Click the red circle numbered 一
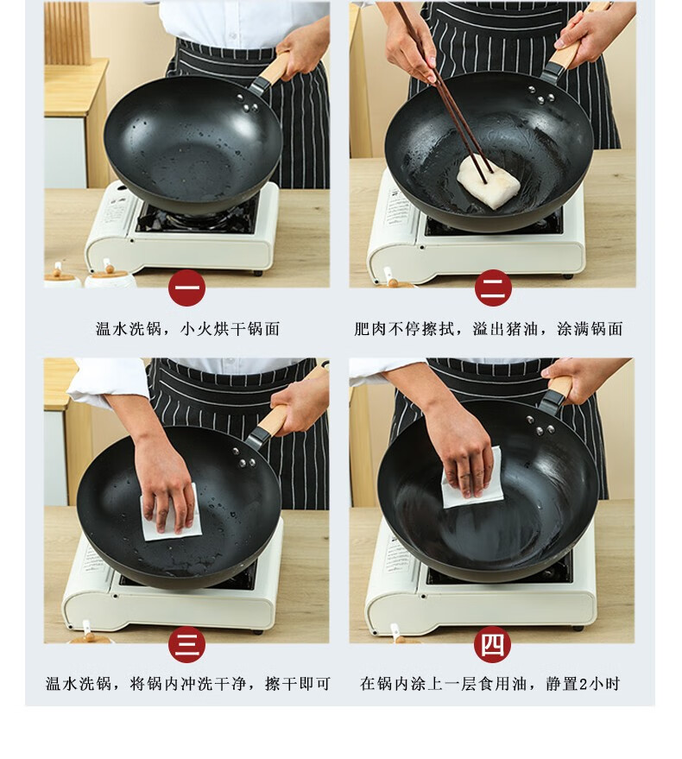point(186,288)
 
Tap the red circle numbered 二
point(493,288)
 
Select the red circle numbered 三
point(186,644)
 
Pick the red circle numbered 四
point(492,644)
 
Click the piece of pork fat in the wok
point(488,181)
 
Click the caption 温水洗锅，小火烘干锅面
point(188,329)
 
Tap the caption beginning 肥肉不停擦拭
point(488,329)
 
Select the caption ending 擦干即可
point(188,684)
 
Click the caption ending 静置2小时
point(489,684)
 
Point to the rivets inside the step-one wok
point(247,104)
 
